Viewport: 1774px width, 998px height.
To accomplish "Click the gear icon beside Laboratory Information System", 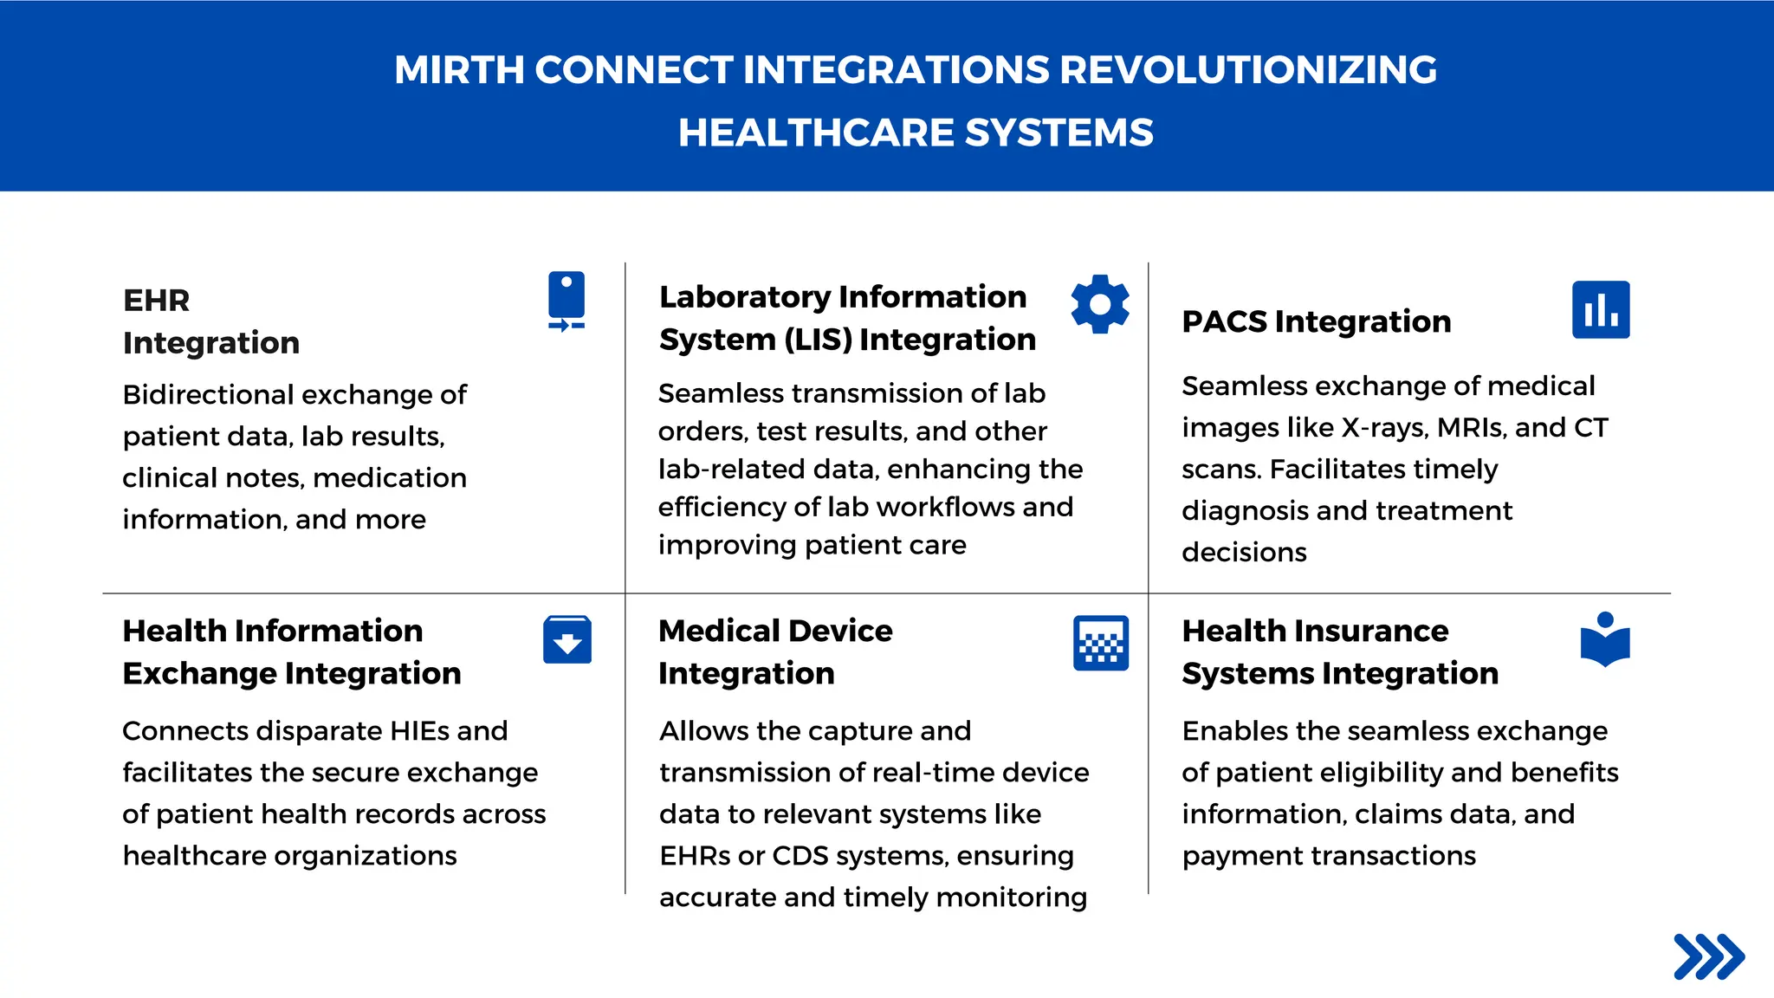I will (1099, 304).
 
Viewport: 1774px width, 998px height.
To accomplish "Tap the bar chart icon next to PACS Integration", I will (1600, 309).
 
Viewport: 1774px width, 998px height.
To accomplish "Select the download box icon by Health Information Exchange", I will (567, 640).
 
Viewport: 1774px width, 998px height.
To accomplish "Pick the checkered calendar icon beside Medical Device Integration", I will (1100, 643).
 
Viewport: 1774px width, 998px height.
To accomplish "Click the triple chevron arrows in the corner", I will (1708, 956).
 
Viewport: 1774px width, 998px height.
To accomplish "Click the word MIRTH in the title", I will (458, 70).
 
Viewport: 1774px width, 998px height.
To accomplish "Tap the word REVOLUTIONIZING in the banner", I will (1247, 70).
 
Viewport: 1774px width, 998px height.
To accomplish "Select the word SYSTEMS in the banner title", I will (1059, 133).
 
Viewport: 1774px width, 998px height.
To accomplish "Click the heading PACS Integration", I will (1316, 321).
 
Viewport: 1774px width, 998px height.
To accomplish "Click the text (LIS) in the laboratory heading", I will (817, 340).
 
